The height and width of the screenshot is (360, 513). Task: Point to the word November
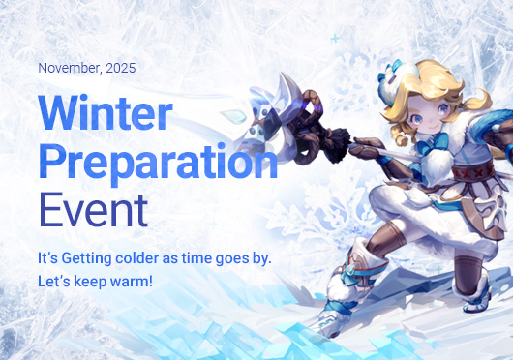[70, 69]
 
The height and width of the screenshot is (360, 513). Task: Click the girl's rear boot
[478, 291]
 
